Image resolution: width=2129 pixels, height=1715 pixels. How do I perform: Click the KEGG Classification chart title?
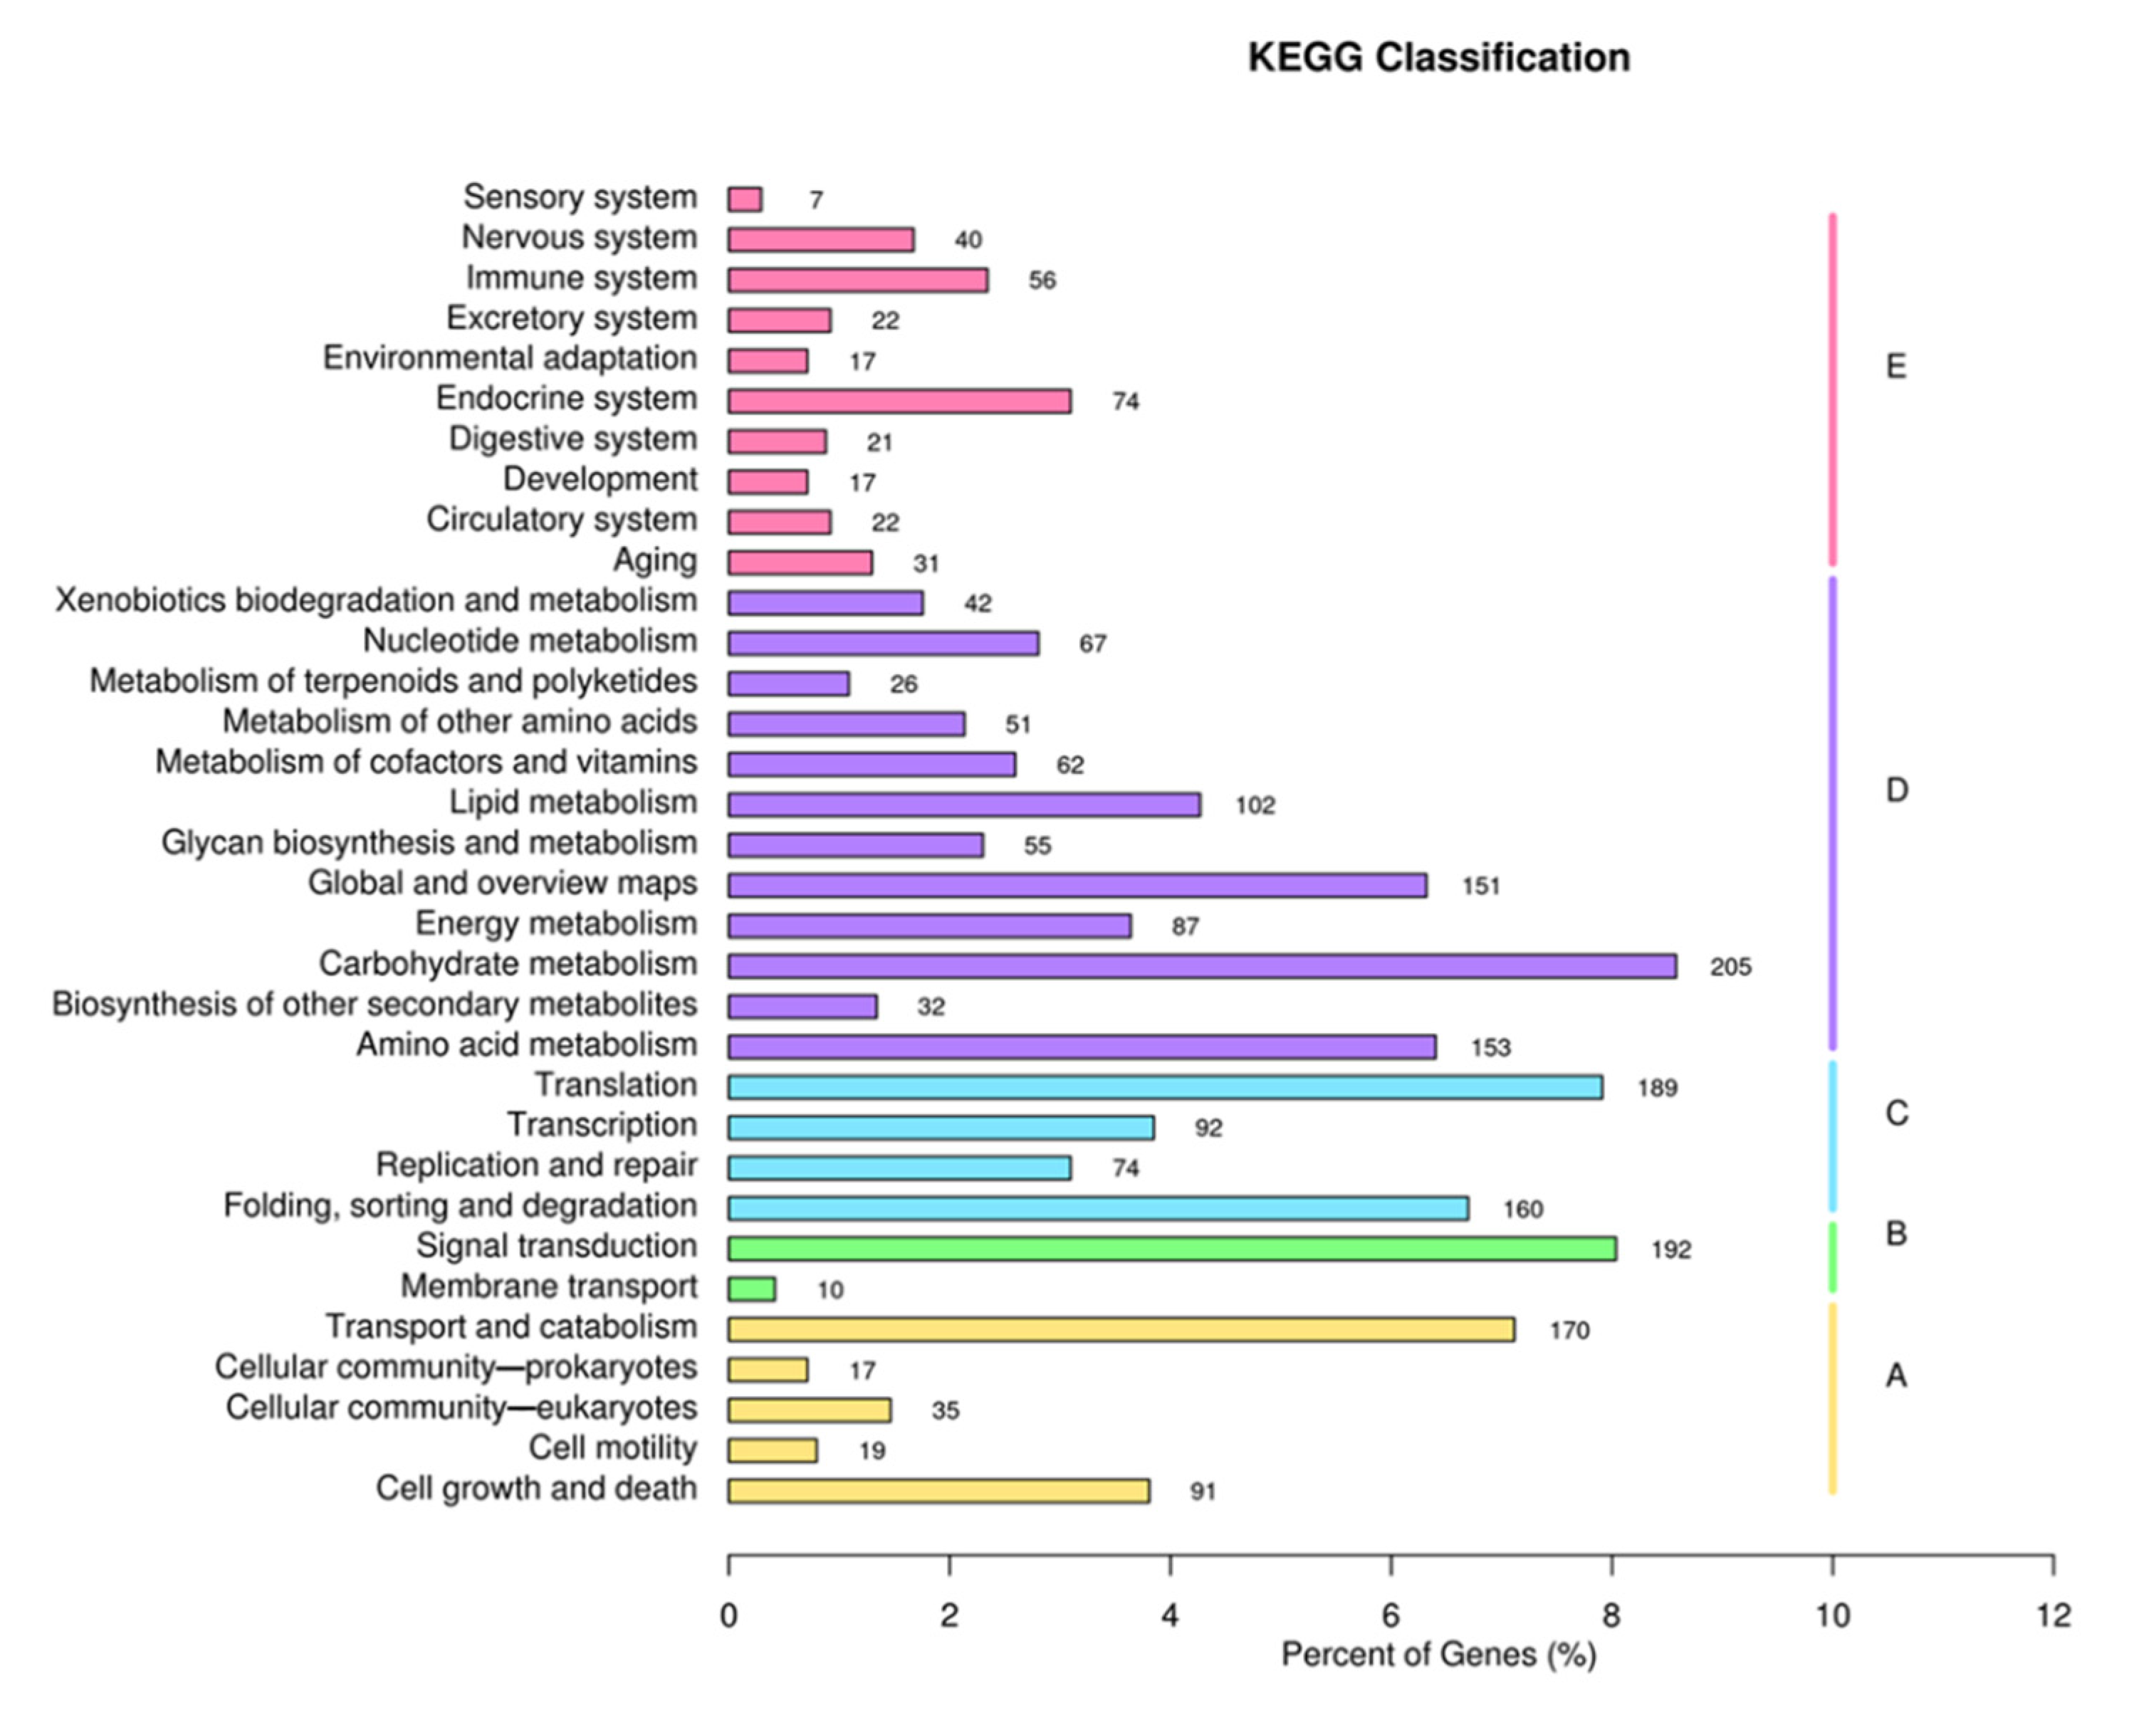pos(1438,57)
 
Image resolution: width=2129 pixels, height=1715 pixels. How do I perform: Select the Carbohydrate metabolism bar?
pos(1201,966)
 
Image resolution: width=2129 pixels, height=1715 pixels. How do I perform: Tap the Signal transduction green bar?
pos(1172,1249)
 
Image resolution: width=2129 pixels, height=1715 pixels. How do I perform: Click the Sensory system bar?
pos(745,199)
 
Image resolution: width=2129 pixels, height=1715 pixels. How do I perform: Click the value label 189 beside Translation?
pos(1657,1088)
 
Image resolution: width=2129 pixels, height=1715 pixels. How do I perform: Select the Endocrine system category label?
pos(566,398)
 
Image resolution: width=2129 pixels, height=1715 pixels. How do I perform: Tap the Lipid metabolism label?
pos(573,802)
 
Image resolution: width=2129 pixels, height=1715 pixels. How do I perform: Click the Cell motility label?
pos(612,1447)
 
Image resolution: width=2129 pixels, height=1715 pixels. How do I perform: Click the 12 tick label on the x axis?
pos(2053,1616)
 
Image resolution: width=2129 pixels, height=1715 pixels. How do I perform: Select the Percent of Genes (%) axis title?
pos(1438,1654)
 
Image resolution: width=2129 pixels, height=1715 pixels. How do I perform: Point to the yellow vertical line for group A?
pos(1833,1398)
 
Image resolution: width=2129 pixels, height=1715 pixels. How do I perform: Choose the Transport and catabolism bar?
pos(1121,1330)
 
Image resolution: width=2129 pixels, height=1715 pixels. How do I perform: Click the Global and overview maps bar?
pos(1077,885)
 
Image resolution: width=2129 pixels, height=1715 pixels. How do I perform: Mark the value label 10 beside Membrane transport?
pos(830,1290)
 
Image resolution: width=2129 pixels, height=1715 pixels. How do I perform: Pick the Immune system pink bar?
pos(857,280)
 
